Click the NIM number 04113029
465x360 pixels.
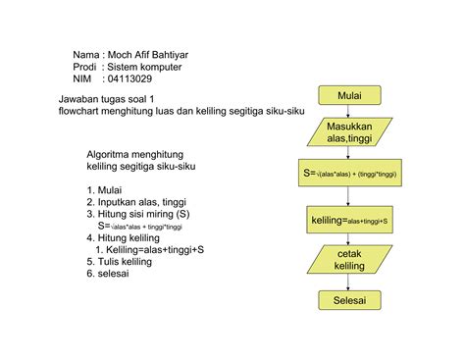pyautogui.click(x=128, y=79)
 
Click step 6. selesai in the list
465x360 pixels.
pyautogui.click(x=108, y=274)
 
